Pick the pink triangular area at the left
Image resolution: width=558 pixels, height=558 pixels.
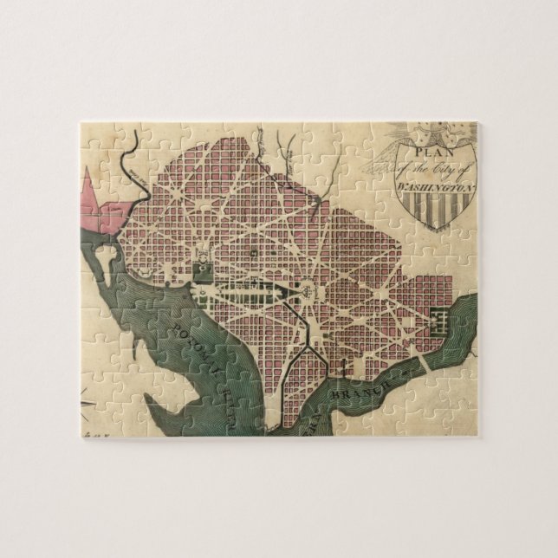103,204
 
